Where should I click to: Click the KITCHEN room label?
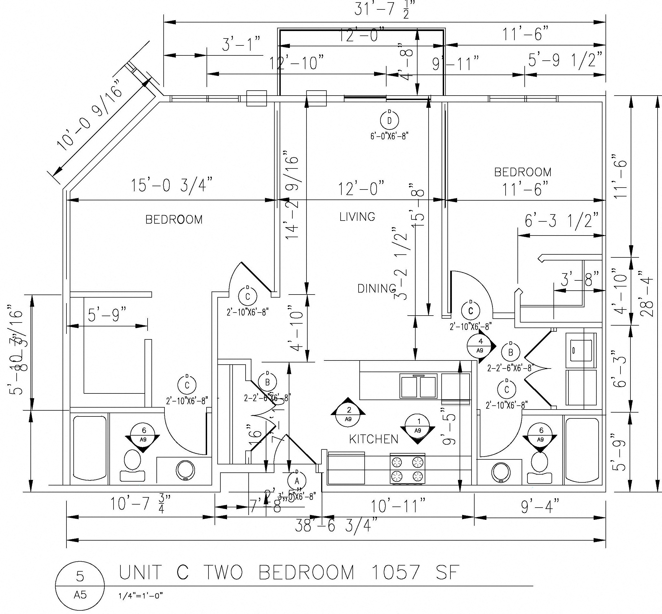tap(373, 439)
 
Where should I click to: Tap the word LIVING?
tap(357, 217)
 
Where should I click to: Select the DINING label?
tap(377, 288)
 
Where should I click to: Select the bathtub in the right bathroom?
tap(581, 451)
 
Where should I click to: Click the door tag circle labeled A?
tap(297, 481)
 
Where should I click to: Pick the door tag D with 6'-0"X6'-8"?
tap(390, 120)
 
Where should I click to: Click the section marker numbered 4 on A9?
tap(480, 345)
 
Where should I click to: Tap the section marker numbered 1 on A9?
tap(418, 426)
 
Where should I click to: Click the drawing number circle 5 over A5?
tap(80, 584)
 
